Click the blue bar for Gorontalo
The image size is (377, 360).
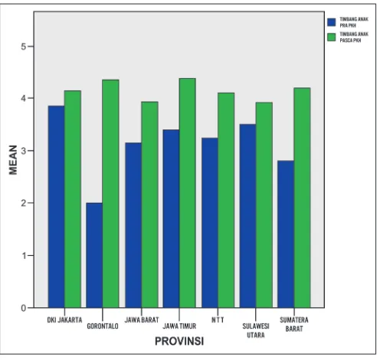(x=94, y=255)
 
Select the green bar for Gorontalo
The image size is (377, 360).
(x=110, y=194)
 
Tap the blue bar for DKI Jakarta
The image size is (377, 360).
(x=56, y=207)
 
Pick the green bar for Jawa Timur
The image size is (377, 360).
(x=188, y=193)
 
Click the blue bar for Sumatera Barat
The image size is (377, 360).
(x=286, y=234)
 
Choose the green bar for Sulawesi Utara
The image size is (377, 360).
(x=264, y=205)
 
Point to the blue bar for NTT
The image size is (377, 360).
(x=210, y=223)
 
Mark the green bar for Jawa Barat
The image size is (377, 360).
(x=149, y=205)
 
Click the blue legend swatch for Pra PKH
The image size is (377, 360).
(x=332, y=22)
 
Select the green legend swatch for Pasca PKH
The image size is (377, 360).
(x=332, y=37)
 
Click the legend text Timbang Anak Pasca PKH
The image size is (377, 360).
(x=354, y=37)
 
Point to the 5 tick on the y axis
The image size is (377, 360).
(x=30, y=46)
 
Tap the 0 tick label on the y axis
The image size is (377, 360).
(x=24, y=308)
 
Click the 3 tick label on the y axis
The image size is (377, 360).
(x=24, y=151)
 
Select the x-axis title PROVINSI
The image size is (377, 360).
(x=179, y=342)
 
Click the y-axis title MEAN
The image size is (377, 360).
(x=13, y=160)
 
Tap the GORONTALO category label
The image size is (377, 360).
(x=103, y=326)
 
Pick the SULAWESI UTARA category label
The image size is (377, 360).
(x=256, y=330)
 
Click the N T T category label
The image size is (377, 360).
(x=218, y=319)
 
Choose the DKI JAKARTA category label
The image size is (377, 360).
(x=64, y=319)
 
